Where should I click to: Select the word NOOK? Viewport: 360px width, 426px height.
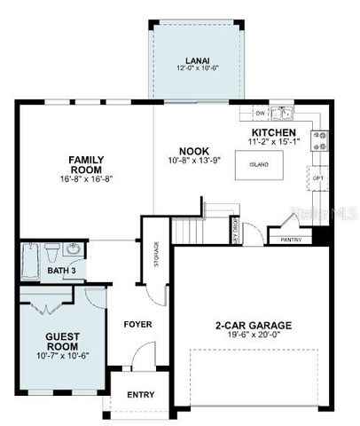(x=193, y=151)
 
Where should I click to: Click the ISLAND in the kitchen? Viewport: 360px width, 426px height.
(x=259, y=164)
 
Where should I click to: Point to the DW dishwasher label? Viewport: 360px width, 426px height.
(x=260, y=114)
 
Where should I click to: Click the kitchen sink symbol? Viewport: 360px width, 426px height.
(x=282, y=114)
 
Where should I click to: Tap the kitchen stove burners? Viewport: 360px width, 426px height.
(x=318, y=140)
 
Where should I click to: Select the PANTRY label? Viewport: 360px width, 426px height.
(x=290, y=240)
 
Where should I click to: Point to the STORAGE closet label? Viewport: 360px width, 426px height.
(x=156, y=258)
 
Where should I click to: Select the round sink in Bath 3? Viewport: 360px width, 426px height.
(x=73, y=249)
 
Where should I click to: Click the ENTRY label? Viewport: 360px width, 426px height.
(x=140, y=395)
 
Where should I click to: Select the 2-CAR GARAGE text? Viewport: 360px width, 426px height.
(x=254, y=325)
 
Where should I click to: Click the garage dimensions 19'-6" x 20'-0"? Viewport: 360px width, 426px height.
(x=254, y=336)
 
